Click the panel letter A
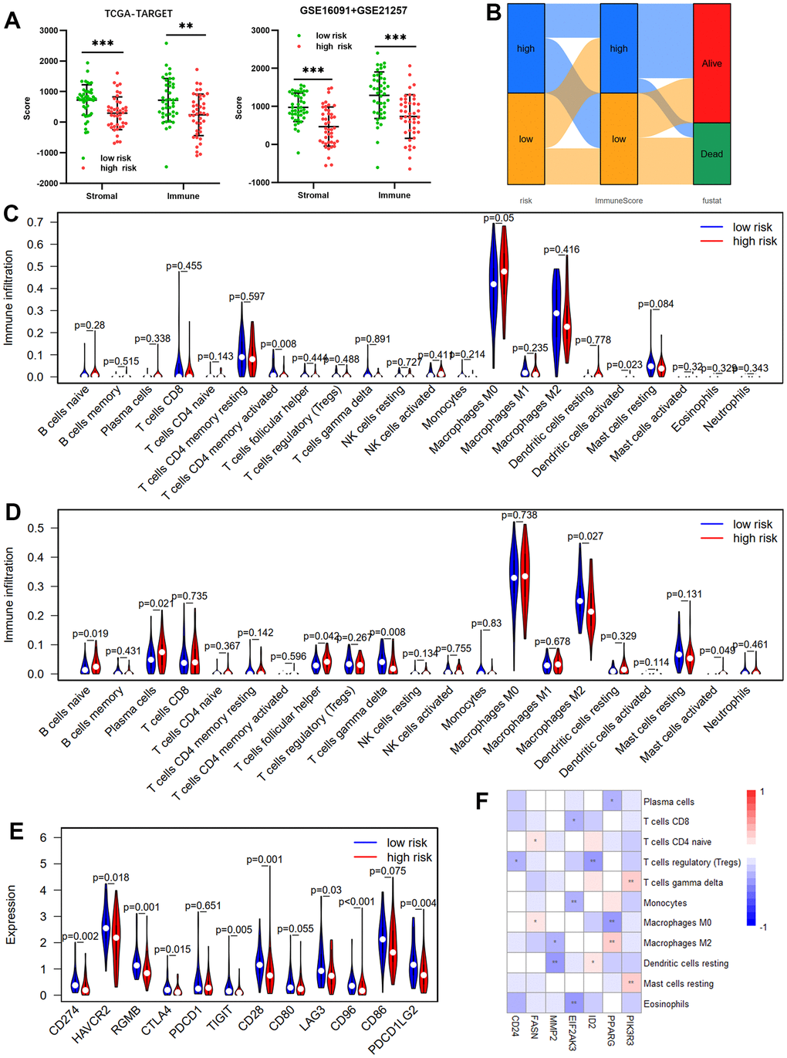click(x=12, y=19)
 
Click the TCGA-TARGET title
click(x=139, y=14)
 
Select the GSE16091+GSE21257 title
click(x=353, y=11)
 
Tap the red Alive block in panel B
click(x=711, y=63)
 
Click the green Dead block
click(x=711, y=154)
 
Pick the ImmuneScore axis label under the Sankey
click(x=618, y=201)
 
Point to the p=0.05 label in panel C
click(x=498, y=218)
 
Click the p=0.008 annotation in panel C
click(x=278, y=344)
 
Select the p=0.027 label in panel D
click(x=585, y=536)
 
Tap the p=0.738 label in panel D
click(x=519, y=515)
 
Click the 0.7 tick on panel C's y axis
click(x=35, y=222)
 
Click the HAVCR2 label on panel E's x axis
click(x=91, y=1025)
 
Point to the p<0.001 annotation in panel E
click(x=356, y=901)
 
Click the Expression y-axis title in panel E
click(x=11, y=914)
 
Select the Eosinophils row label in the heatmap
click(x=666, y=1004)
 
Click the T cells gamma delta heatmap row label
click(x=683, y=883)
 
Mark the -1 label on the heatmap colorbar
click(x=762, y=927)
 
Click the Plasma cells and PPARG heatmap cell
click(x=612, y=801)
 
